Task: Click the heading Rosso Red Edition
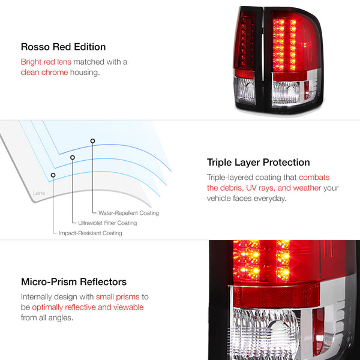63,47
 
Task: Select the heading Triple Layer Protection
258,163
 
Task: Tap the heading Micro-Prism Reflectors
74,282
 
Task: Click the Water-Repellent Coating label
128,213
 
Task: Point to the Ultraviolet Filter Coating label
107,223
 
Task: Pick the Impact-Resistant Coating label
91,233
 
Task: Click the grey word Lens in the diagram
39,193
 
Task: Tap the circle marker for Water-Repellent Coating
92,141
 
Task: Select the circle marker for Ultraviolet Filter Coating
73,157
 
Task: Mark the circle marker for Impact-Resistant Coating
53,175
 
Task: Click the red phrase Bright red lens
46,62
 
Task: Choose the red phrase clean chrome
44,73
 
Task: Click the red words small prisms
118,297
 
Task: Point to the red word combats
314,177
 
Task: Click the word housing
85,73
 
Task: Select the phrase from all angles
47,318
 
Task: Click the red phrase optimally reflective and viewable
88,307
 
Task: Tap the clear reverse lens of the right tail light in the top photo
286,92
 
